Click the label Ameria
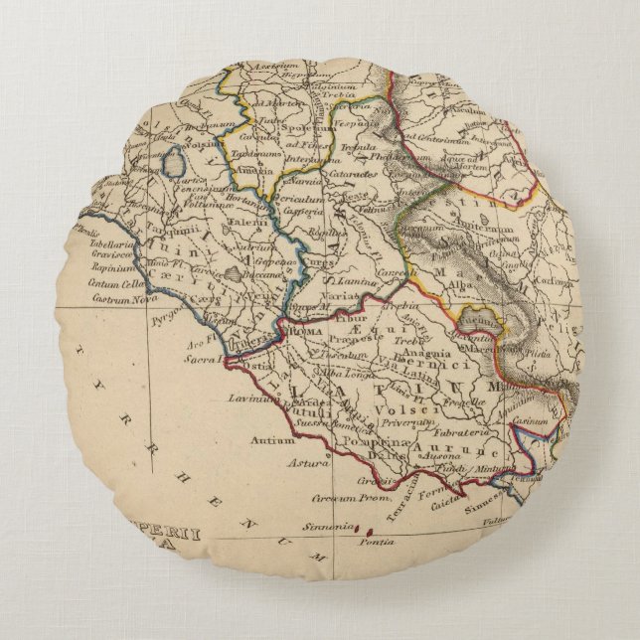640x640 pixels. (248, 171)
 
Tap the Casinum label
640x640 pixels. (531, 421)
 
